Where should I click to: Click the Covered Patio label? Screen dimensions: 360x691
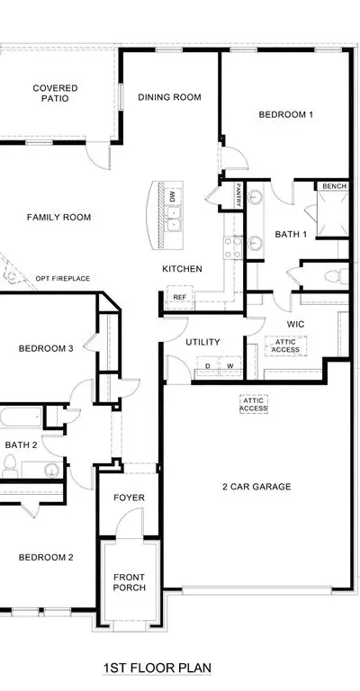click(55, 93)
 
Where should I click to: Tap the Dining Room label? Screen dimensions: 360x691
click(169, 97)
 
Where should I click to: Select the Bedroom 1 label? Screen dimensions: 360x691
click(286, 114)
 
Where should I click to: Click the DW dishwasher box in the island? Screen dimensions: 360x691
click(172, 196)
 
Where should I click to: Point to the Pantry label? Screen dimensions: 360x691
click(238, 195)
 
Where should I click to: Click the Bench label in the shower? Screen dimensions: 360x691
click(335, 186)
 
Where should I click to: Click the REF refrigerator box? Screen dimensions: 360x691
click(179, 297)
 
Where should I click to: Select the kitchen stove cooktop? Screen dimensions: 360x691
click(233, 248)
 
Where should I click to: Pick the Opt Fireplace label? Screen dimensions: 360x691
click(63, 279)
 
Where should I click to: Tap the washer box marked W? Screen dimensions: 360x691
click(230, 367)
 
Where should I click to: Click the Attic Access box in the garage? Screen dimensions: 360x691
click(254, 405)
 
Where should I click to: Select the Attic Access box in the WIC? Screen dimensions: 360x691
click(285, 345)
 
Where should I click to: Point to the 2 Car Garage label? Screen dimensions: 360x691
click(256, 487)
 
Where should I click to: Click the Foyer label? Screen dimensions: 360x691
click(129, 498)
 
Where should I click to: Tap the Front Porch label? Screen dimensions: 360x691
click(129, 582)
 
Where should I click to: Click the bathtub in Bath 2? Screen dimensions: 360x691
click(21, 417)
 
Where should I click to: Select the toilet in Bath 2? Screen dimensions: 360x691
click(9, 466)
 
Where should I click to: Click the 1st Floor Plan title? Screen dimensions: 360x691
click(157, 668)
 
